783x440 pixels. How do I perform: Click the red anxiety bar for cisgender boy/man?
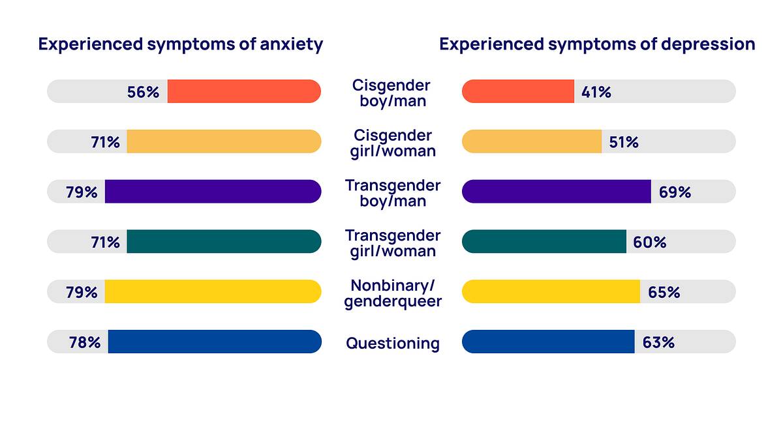pyautogui.click(x=244, y=91)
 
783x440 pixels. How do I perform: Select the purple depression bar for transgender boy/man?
pyautogui.click(x=556, y=192)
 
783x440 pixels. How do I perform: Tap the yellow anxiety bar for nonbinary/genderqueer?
pyautogui.click(x=213, y=291)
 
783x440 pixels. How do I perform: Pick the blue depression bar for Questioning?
pyautogui.click(x=548, y=342)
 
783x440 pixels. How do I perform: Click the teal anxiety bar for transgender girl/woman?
pyautogui.click(x=224, y=241)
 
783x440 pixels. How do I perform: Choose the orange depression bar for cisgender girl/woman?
pyautogui.click(x=531, y=141)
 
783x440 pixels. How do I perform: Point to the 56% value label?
pyautogui.click(x=143, y=92)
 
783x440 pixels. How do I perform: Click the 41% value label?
pyautogui.click(x=596, y=92)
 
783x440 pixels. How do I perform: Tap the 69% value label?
pyautogui.click(x=675, y=192)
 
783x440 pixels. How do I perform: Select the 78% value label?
pyautogui.click(x=85, y=342)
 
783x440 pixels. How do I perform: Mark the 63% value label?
pyautogui.click(x=658, y=342)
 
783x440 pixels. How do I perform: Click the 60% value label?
pyautogui.click(x=650, y=242)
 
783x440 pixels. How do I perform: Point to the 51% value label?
pyautogui.click(x=624, y=142)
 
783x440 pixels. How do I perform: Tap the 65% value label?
pyautogui.click(x=664, y=292)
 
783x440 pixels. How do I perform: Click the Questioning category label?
pyautogui.click(x=393, y=344)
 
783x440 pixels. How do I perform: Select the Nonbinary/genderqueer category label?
pyautogui.click(x=393, y=293)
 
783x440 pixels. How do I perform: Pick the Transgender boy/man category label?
pyautogui.click(x=393, y=193)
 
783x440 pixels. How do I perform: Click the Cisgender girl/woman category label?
pyautogui.click(x=393, y=143)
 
